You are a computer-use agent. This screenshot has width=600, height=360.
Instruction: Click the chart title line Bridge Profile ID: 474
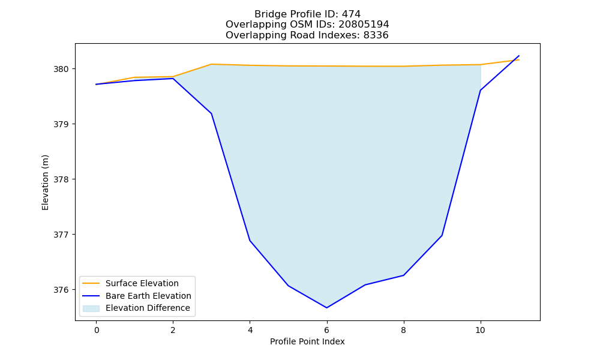point(307,14)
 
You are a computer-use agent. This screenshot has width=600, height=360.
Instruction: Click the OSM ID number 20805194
point(364,25)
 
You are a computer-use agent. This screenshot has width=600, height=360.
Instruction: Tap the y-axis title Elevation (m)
point(45,182)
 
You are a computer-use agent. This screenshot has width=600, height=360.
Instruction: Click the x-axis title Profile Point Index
point(307,341)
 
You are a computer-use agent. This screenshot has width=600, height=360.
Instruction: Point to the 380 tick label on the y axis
point(61,69)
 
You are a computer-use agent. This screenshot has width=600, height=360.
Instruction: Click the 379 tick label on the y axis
point(61,124)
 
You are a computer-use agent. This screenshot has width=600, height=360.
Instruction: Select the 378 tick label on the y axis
point(61,179)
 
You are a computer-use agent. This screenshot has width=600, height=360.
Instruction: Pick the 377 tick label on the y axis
point(61,235)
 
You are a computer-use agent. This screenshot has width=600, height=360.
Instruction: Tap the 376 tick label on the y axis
point(61,290)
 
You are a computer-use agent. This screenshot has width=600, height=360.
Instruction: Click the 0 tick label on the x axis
point(97,330)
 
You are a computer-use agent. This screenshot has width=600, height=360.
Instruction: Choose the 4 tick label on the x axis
point(250,330)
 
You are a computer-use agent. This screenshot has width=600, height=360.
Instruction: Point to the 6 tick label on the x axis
point(327,330)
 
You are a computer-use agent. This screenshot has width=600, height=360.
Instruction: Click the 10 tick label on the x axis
point(480,330)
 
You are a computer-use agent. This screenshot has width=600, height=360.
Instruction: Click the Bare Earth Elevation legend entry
point(137,296)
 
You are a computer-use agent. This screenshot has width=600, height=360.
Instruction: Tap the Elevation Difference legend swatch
point(91,308)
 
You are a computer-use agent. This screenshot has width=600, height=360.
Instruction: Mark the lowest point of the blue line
point(327,308)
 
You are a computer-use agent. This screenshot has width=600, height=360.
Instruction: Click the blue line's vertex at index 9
point(442,235)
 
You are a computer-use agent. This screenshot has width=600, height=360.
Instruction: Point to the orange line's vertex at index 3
point(212,64)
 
